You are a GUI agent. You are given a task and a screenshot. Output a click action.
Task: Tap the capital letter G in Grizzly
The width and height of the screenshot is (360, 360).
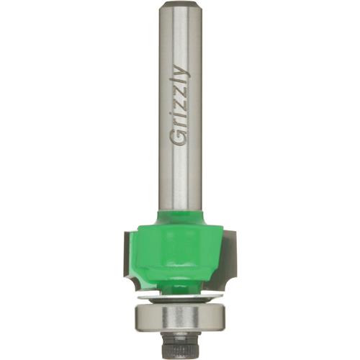[x=180, y=137]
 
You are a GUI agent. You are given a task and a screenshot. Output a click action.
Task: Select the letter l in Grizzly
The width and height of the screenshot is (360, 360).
[x=179, y=84]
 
